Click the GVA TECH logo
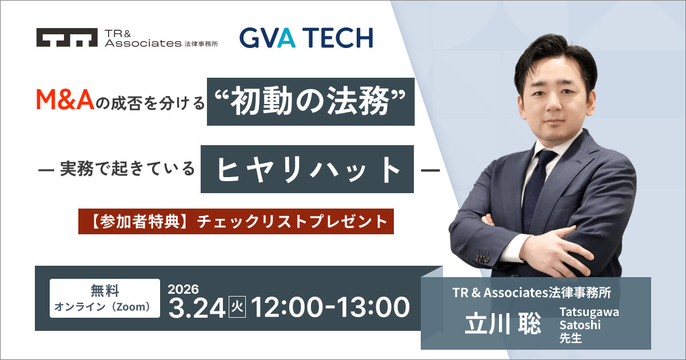coord(306,38)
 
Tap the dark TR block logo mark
coord(67,37)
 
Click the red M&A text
coord(65,99)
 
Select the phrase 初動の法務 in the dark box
coord(310,101)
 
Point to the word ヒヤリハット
coord(308,169)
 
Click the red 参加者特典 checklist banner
coord(236,221)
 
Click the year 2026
coord(183,289)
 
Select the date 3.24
coord(197,308)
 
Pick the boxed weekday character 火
coord(237,307)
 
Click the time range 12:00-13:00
coord(330,307)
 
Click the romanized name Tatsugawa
coord(589,312)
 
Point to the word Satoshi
coord(580,325)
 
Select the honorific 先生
coord(571,338)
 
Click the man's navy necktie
coord(537,190)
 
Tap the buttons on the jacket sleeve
coord(483,258)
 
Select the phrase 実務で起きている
coord(127,169)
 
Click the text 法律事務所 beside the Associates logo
coord(201,44)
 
